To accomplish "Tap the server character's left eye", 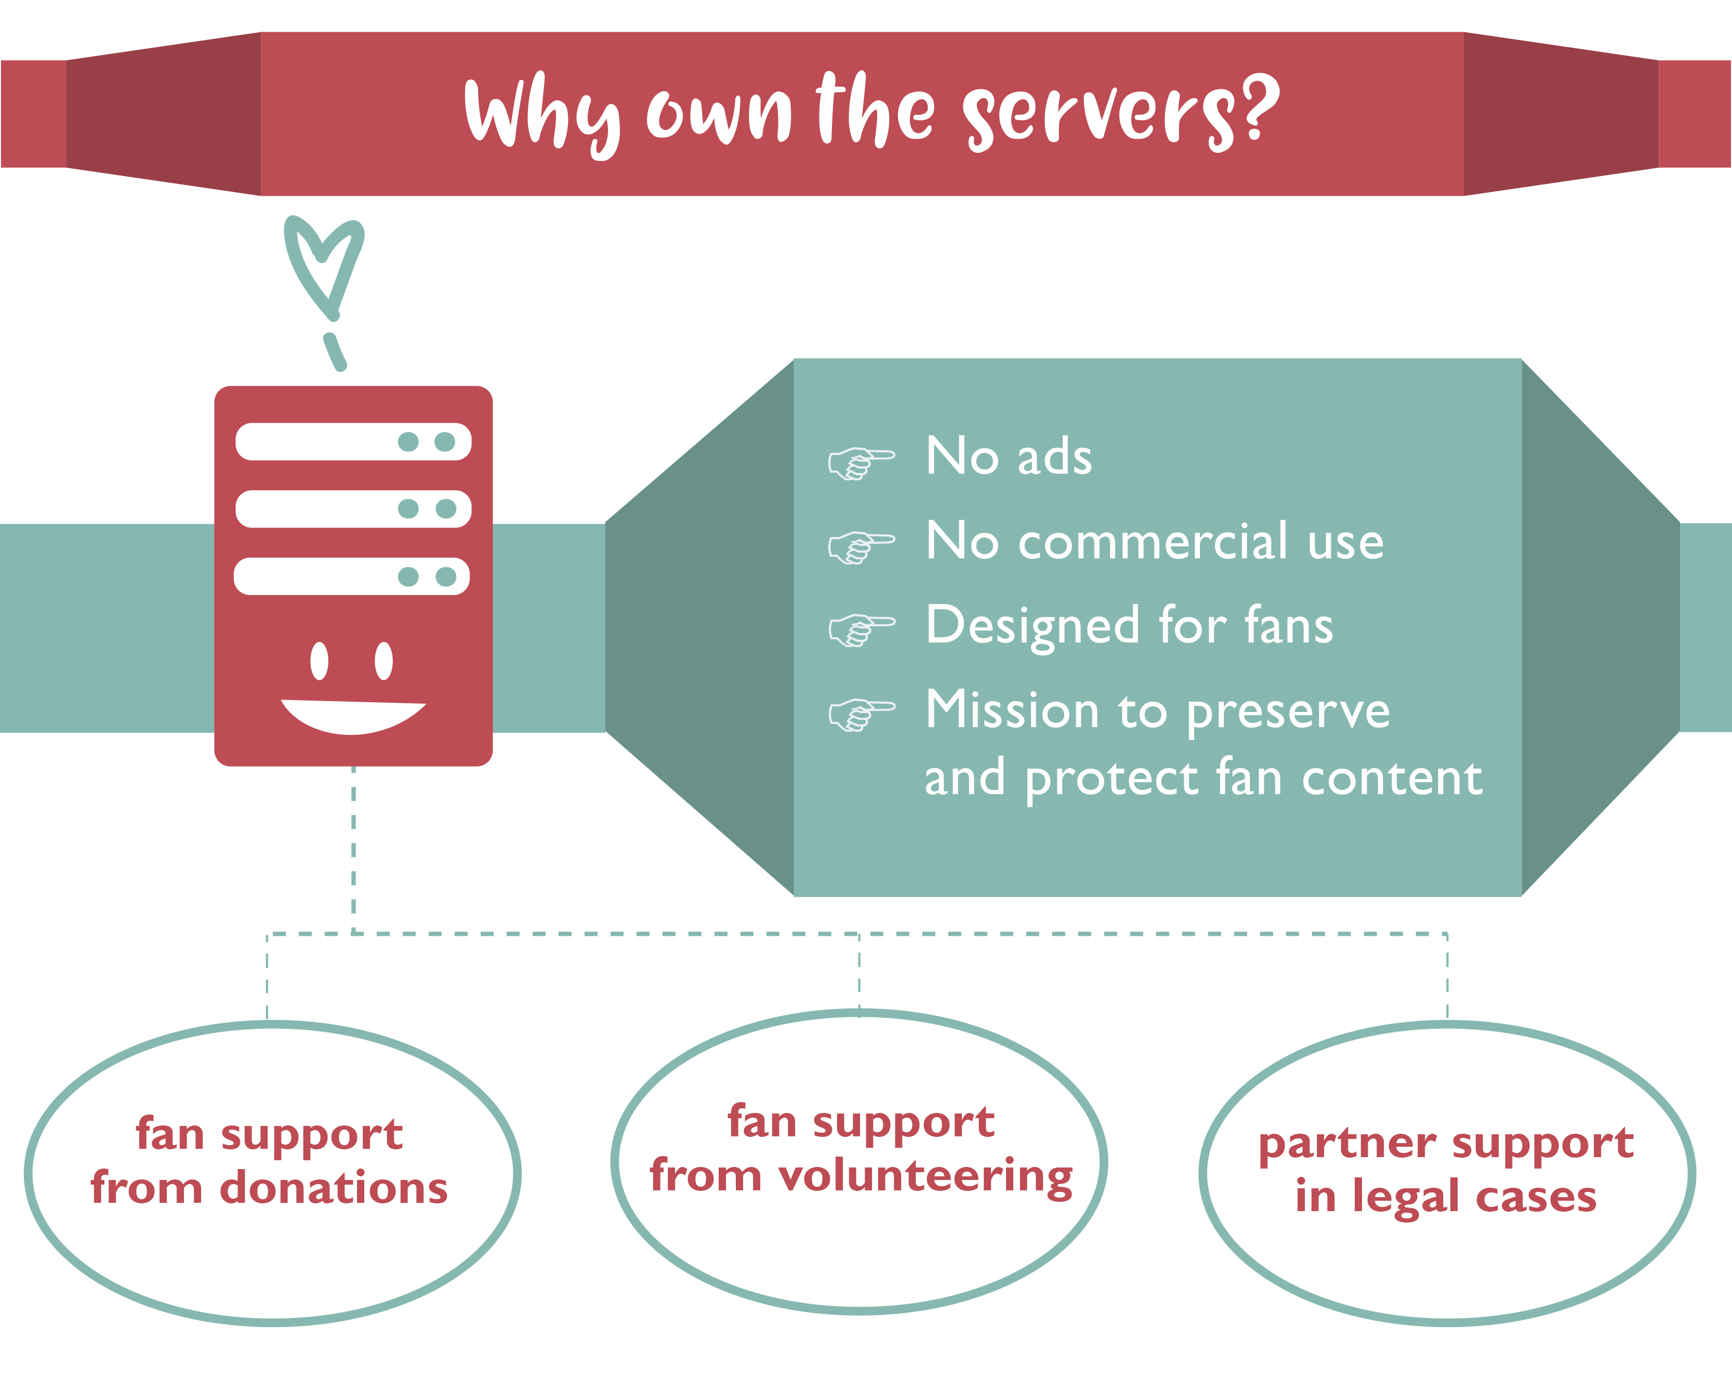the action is click(x=320, y=661).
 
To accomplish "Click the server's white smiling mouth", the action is click(x=353, y=717).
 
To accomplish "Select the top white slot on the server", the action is click(x=353, y=441).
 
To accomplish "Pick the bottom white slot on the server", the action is click(x=352, y=576).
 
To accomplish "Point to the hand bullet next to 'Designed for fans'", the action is click(x=861, y=629).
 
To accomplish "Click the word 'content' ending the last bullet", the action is click(x=1392, y=778).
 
